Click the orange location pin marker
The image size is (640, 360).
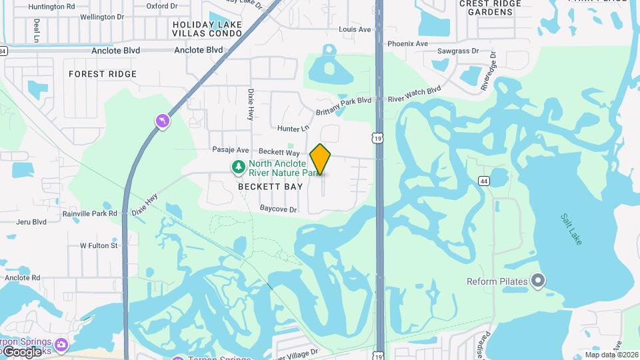point(321,159)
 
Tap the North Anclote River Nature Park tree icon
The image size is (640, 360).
point(237,166)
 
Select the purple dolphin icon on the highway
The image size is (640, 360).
point(162,121)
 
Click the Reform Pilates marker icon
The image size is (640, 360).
point(538,281)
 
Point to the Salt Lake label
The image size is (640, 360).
point(571,229)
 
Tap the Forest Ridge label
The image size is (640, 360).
point(103,74)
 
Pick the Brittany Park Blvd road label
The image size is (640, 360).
point(343,100)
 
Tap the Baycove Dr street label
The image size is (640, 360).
point(278,209)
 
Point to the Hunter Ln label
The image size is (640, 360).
point(294,128)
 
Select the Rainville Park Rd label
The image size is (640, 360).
point(89,213)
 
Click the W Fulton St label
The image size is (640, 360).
point(99,245)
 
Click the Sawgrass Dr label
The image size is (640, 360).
point(458,51)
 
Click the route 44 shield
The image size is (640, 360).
point(484,181)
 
